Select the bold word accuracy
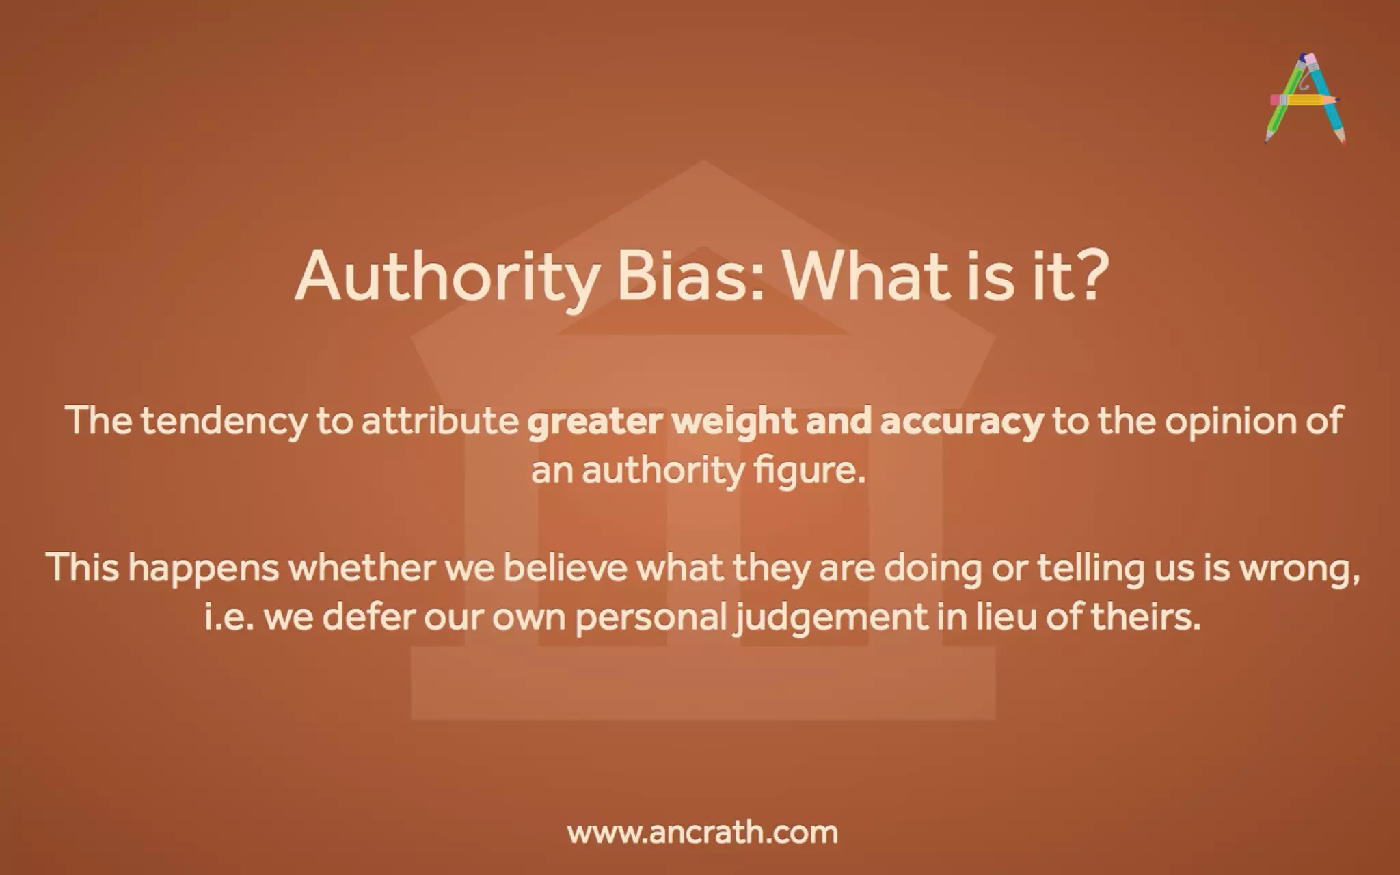[962, 421]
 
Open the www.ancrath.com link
[702, 833]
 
